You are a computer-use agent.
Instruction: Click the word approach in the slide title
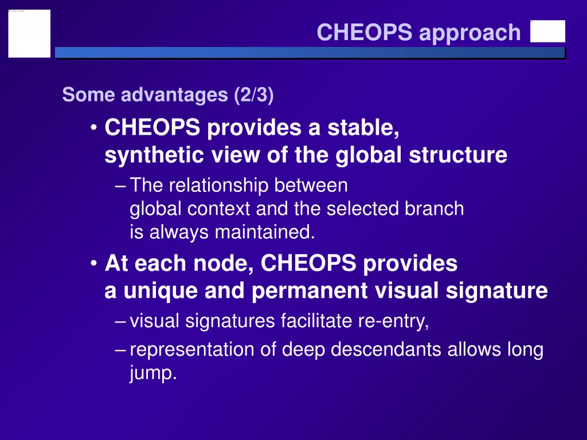(x=469, y=33)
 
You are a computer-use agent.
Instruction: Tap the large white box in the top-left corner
(x=29, y=33)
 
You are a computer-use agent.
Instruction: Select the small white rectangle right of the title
(x=547, y=32)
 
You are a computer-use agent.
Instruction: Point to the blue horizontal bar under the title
(x=310, y=53)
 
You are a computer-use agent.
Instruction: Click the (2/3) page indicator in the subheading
(x=253, y=95)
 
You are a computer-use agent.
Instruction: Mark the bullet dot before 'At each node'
(x=94, y=264)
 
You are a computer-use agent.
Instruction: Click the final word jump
(x=153, y=374)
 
